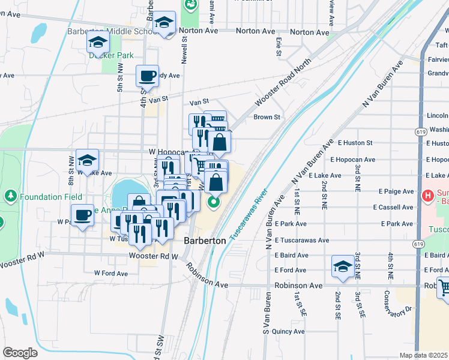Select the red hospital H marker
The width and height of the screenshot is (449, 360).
[x=428, y=195]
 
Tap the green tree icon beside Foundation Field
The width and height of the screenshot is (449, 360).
[x=10, y=196]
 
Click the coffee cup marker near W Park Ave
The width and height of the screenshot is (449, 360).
[x=82, y=215]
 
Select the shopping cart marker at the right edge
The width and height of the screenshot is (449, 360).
[x=444, y=289]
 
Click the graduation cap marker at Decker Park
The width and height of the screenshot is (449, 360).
[x=98, y=43]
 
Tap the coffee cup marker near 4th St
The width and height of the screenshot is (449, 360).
[x=147, y=76]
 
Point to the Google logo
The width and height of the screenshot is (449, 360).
[x=20, y=353]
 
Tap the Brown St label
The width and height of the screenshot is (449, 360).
[x=267, y=118]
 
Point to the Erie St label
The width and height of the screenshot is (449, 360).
[x=279, y=47]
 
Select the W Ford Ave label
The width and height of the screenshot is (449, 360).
[x=111, y=273]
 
